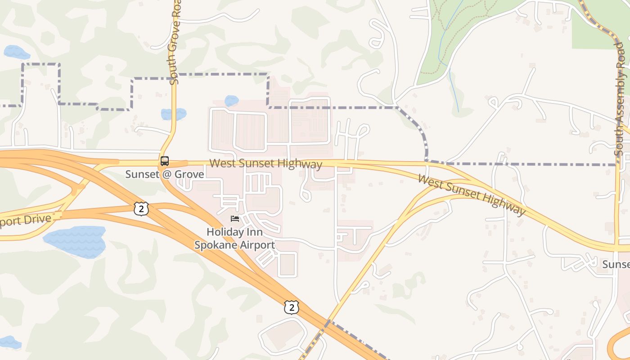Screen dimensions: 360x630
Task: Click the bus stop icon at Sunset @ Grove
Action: pyautogui.click(x=165, y=161)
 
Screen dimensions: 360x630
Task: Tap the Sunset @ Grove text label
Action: pyautogui.click(x=165, y=174)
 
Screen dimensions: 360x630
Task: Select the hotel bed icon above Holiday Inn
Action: pyautogui.click(x=234, y=219)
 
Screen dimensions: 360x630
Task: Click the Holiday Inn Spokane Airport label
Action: pyautogui.click(x=234, y=238)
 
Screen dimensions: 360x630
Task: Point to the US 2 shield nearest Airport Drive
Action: pyautogui.click(x=141, y=208)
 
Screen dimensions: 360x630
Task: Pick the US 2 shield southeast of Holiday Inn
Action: pyautogui.click(x=291, y=307)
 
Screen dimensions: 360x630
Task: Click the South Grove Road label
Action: pyautogui.click(x=175, y=43)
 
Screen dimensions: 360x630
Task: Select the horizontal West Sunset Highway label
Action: pyautogui.click(x=265, y=163)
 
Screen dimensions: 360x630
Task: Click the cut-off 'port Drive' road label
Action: pyautogui.click(x=25, y=220)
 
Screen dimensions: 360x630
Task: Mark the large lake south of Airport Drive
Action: pyautogui.click(x=76, y=241)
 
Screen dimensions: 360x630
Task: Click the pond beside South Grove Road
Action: pyautogui.click(x=173, y=114)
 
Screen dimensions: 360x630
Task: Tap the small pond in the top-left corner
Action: pyautogui.click(x=16, y=52)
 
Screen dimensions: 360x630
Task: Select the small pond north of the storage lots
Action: pyautogui.click(x=231, y=101)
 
